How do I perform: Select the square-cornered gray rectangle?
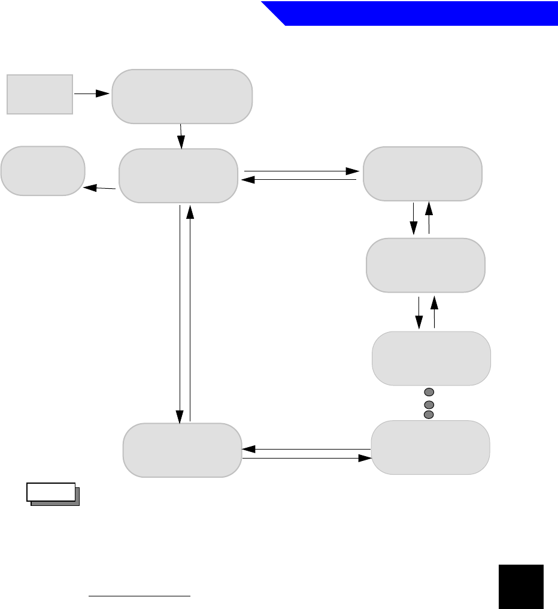[40, 94]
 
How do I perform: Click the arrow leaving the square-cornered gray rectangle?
[92, 94]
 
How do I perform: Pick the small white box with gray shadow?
[51, 492]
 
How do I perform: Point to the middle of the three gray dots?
[428, 405]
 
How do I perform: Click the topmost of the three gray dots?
[428, 391]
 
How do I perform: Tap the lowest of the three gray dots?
[428, 414]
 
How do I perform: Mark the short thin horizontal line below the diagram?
[139, 596]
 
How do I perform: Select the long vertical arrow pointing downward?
[180, 312]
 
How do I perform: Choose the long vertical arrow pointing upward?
[190, 312]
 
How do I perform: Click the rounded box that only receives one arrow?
[43, 170]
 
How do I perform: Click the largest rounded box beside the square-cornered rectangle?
[182, 97]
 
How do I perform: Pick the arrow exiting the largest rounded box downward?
[181, 136]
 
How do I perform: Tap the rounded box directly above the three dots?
[431, 358]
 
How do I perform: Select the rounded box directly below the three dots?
[430, 447]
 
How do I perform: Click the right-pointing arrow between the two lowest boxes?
[305, 458]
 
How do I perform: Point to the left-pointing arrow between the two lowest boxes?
[305, 448]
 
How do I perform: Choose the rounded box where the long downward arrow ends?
[182, 450]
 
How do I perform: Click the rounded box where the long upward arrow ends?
[177, 175]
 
